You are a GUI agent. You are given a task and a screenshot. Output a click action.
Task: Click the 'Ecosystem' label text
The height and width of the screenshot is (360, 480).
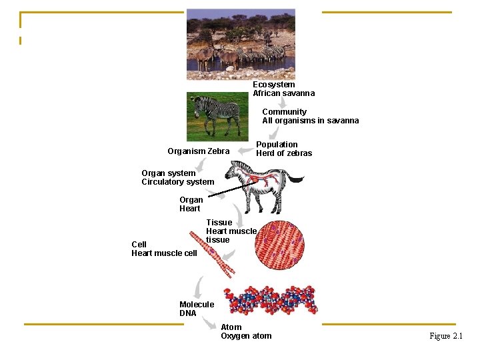pyautogui.click(x=273, y=85)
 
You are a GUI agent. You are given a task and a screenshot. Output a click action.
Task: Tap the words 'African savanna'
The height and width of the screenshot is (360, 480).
pyautogui.click(x=283, y=93)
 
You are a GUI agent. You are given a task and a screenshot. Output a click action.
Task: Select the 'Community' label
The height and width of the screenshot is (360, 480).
pyautogui.click(x=284, y=112)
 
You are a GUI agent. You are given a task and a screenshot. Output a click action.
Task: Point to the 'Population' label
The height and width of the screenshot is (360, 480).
pyautogui.click(x=277, y=145)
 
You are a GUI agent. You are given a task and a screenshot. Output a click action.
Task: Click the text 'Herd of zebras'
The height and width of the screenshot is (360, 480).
pyautogui.click(x=284, y=153)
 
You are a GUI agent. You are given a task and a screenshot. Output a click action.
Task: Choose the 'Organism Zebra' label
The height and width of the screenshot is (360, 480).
pyautogui.click(x=198, y=151)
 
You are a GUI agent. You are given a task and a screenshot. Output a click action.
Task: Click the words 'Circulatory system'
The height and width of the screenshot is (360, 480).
pyautogui.click(x=178, y=182)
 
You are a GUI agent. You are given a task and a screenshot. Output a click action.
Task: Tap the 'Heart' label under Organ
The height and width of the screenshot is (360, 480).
pyautogui.click(x=189, y=209)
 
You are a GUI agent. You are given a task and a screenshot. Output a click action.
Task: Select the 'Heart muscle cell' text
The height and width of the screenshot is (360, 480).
pyautogui.click(x=164, y=253)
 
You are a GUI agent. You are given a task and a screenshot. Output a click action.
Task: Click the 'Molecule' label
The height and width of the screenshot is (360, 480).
pyautogui.click(x=197, y=305)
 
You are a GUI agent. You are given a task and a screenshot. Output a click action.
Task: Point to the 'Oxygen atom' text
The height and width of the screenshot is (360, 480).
pyautogui.click(x=246, y=336)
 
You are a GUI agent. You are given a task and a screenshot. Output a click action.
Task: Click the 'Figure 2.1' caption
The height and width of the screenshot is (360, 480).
pyautogui.click(x=446, y=336)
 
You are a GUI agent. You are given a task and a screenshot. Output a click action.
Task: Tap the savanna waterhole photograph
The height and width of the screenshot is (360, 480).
pyautogui.click(x=241, y=40)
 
